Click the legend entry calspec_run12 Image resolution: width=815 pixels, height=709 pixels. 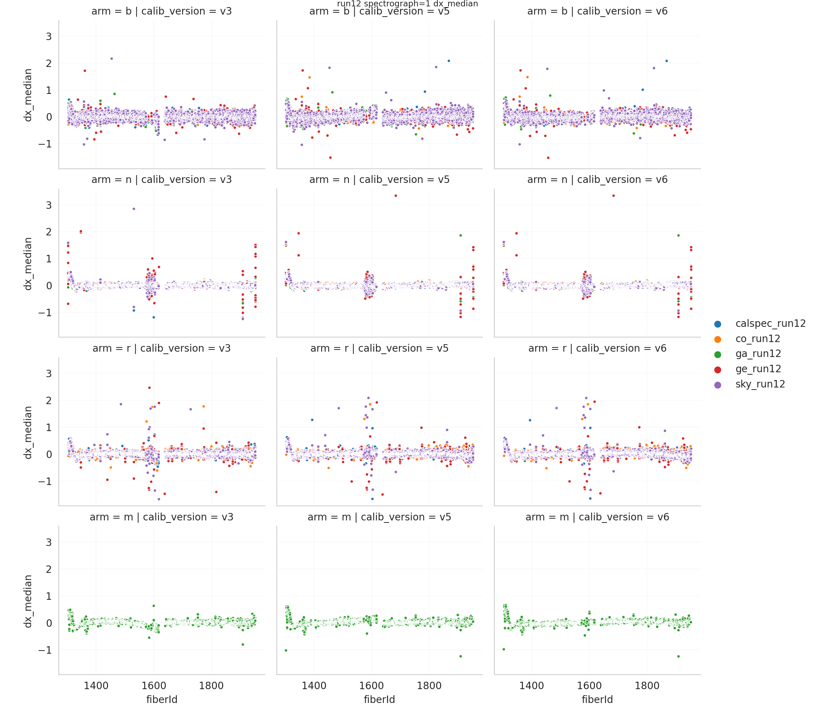click(770, 323)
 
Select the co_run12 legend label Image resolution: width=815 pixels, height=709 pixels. click(757, 339)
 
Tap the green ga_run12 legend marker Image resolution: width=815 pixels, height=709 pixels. click(718, 354)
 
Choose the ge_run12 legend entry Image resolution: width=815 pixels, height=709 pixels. click(758, 369)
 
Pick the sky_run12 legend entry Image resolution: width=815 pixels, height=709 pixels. click(760, 384)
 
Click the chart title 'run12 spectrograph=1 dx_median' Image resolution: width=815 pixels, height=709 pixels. click(407, 4)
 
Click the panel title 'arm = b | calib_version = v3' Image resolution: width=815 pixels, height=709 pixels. click(162, 11)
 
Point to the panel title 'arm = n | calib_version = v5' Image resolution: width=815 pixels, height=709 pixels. click(379, 180)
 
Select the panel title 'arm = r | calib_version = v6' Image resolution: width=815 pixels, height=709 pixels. click(597, 348)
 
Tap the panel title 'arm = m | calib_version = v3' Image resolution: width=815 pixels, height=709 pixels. click(162, 517)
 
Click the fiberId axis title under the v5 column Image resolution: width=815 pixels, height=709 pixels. click(379, 699)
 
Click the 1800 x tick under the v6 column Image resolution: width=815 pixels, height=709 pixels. click(647, 686)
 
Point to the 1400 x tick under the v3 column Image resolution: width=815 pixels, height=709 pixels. click(96, 686)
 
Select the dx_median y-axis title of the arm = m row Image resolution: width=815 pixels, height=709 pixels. click(28, 601)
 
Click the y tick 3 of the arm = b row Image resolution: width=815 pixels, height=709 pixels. click(49, 37)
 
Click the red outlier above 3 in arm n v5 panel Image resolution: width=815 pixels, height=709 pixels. click(395, 196)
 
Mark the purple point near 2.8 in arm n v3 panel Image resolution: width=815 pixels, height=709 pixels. click(134, 209)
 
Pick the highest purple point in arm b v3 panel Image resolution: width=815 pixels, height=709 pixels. click(112, 58)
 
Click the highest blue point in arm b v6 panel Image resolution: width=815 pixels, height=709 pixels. click(666, 61)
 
